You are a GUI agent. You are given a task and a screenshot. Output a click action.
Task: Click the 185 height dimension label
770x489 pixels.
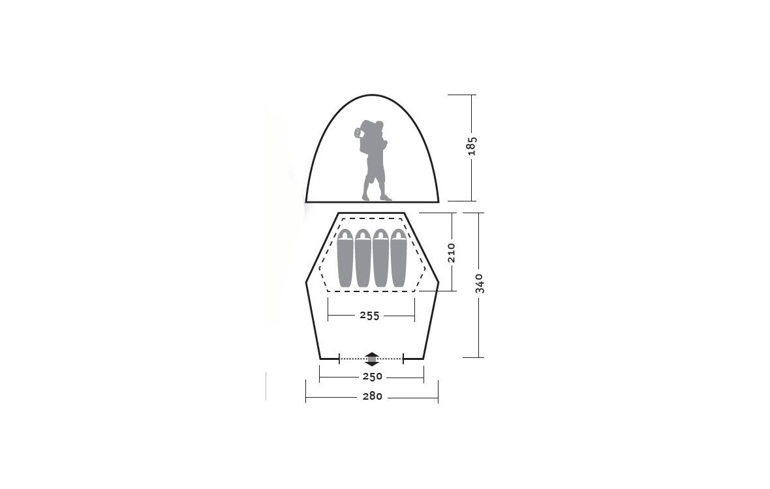click(472, 146)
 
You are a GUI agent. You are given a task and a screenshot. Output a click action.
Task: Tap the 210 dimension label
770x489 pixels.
click(452, 252)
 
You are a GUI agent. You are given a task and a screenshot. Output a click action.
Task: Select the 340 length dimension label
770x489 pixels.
click(480, 284)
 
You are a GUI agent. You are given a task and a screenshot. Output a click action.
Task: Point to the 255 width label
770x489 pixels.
click(370, 316)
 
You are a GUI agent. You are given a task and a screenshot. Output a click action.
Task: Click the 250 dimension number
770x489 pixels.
click(372, 377)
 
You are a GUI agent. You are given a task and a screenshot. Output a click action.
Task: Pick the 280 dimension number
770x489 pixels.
click(372, 396)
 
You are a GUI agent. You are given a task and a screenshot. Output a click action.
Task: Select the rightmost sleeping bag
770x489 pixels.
click(399, 258)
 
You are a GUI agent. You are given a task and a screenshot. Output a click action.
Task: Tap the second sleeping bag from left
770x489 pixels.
click(363, 258)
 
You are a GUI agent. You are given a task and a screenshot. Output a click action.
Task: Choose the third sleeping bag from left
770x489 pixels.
click(381, 258)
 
